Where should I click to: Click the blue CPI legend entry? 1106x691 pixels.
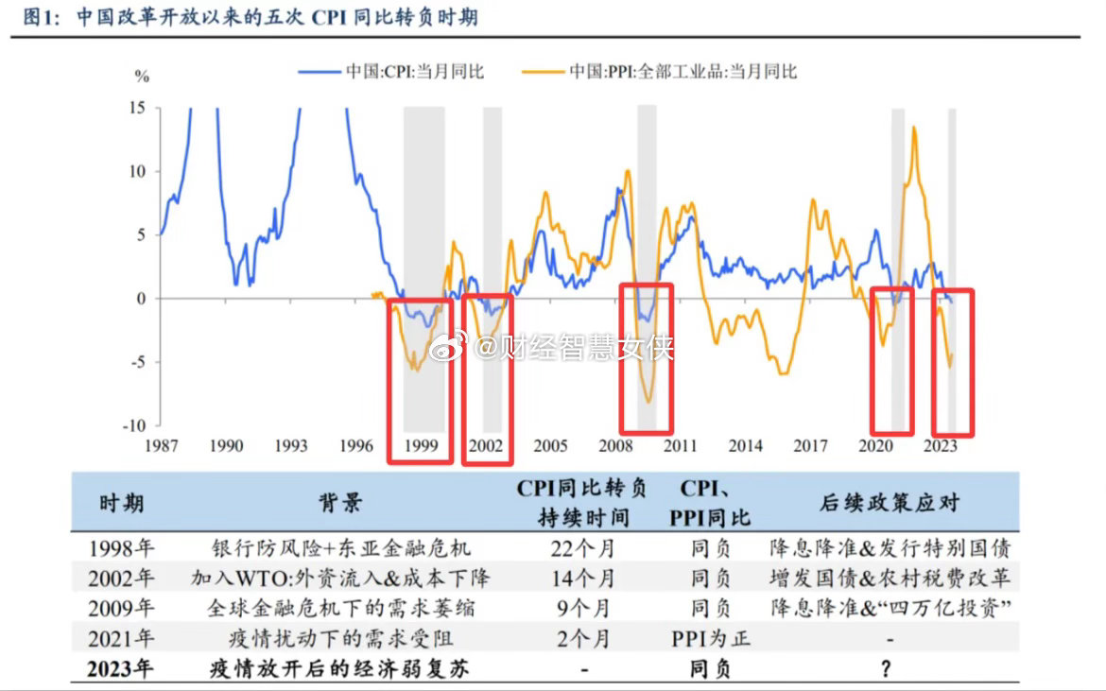(x=390, y=72)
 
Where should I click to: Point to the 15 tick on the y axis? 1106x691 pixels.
(x=138, y=108)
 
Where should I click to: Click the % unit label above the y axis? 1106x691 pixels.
(x=142, y=77)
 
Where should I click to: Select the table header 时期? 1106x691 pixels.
(x=122, y=502)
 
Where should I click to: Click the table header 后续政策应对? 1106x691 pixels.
(x=888, y=502)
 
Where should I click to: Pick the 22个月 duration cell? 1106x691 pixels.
(x=582, y=547)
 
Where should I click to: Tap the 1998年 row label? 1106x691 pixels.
(x=122, y=547)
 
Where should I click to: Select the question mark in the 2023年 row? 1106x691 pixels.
(x=887, y=669)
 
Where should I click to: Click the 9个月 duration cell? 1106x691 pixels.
(x=582, y=608)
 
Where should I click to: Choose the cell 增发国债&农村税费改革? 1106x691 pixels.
(x=888, y=578)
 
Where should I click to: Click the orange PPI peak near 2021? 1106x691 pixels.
(x=914, y=127)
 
